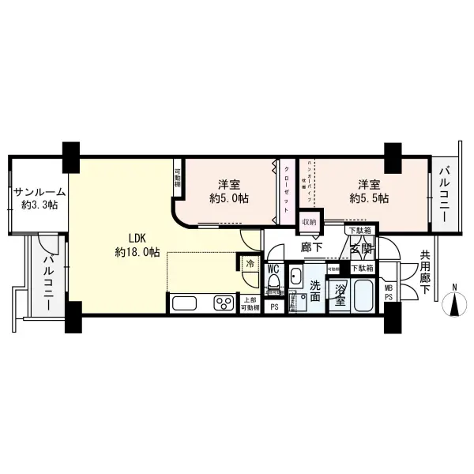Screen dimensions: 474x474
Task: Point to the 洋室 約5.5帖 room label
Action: [x=369, y=191]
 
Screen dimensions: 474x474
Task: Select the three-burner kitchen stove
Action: [x=221, y=304]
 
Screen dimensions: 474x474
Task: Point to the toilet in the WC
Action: [x=273, y=288]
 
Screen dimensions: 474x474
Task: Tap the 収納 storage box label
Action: [x=308, y=223]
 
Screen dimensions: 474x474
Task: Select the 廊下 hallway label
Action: [x=309, y=247]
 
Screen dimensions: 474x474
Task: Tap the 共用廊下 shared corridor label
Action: [x=425, y=272]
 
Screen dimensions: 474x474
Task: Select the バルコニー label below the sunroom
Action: [x=48, y=281]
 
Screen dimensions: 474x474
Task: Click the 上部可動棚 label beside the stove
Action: [x=248, y=304]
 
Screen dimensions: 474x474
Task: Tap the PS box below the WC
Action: [x=274, y=307]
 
